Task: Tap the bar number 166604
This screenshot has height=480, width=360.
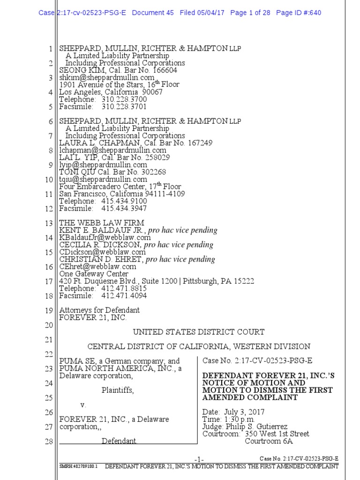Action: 162,70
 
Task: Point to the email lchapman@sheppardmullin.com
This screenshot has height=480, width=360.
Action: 112,150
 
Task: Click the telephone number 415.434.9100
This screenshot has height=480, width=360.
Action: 124,201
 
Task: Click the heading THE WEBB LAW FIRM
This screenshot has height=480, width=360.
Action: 102,223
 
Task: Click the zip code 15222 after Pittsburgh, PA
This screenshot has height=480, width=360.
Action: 244,281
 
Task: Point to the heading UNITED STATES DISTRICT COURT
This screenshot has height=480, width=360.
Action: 199,332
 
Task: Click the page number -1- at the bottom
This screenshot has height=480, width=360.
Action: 199,458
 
